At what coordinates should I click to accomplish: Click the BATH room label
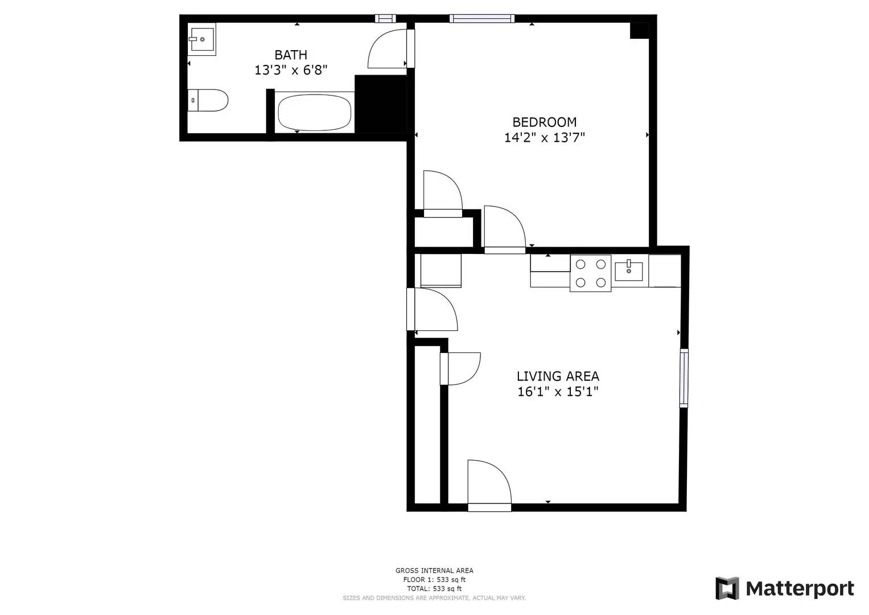(x=291, y=55)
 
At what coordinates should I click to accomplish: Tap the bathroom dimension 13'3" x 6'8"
(x=291, y=70)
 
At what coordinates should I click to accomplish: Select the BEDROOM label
(x=544, y=122)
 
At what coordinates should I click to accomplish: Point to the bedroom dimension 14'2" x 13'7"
(x=544, y=137)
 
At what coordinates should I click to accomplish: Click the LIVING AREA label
(x=558, y=376)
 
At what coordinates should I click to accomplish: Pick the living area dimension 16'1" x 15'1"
(x=558, y=391)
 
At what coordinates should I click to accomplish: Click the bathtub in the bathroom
(x=314, y=112)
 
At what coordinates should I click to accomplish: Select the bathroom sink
(x=201, y=40)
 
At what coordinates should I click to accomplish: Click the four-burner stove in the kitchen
(x=590, y=273)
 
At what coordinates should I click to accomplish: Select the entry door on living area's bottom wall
(x=488, y=484)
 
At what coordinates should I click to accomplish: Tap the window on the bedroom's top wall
(x=481, y=19)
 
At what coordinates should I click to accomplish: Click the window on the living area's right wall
(x=683, y=378)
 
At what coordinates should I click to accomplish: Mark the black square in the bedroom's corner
(x=639, y=30)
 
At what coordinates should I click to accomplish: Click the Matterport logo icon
(x=727, y=588)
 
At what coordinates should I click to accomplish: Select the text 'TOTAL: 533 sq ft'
(x=434, y=588)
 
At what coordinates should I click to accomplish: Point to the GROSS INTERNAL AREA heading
(x=434, y=570)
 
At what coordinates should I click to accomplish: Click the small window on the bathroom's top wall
(x=385, y=19)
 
